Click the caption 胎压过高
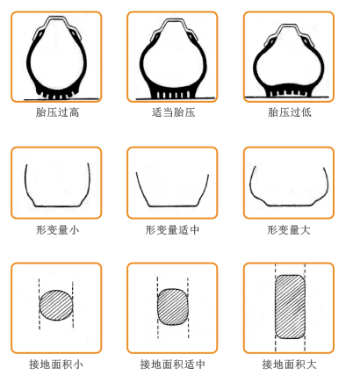(x=57, y=112)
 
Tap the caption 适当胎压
(x=173, y=112)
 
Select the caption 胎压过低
(x=290, y=112)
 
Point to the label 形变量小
(x=57, y=230)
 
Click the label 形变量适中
(x=172, y=230)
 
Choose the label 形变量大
(x=289, y=230)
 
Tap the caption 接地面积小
(x=56, y=365)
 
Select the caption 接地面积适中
(x=172, y=365)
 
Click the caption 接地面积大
(x=289, y=365)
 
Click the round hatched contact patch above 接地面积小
(x=56, y=305)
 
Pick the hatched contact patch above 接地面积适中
(x=173, y=307)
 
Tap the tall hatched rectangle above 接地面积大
(x=290, y=307)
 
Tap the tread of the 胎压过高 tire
(x=56, y=93)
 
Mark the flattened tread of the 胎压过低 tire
(x=289, y=90)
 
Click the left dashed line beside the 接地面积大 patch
(x=275, y=307)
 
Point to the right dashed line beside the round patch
(x=73, y=305)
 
